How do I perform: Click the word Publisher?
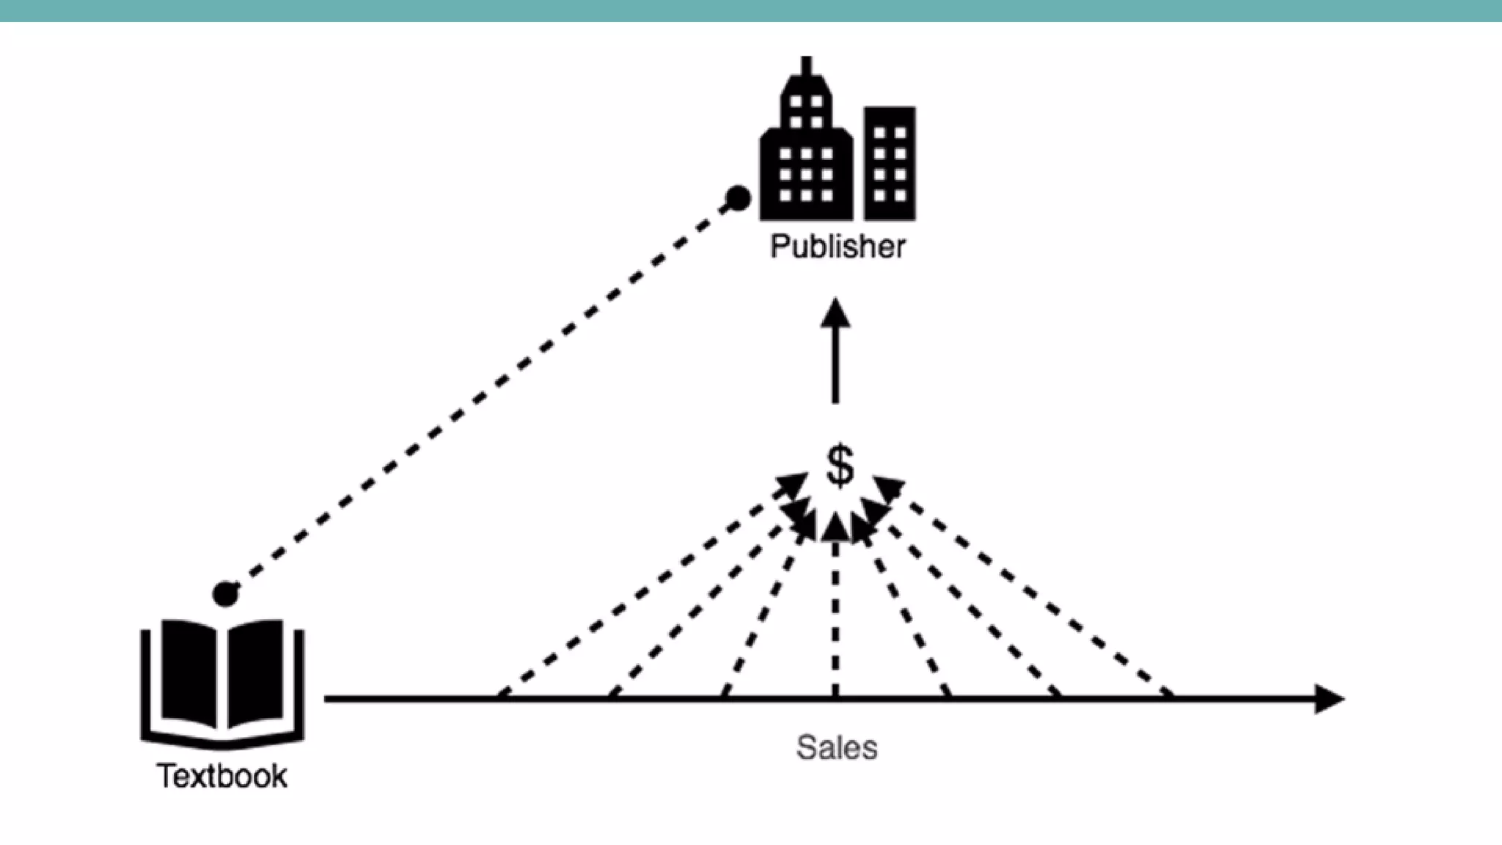click(x=838, y=246)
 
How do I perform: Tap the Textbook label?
click(x=221, y=776)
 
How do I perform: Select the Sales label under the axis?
click(x=837, y=748)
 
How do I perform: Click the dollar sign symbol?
click(x=840, y=465)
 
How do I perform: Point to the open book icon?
click(x=222, y=682)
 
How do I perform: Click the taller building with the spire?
click(x=806, y=154)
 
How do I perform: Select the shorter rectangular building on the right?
click(x=890, y=164)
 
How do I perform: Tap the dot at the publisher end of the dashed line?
click(x=738, y=198)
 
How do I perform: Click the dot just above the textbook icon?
click(x=225, y=593)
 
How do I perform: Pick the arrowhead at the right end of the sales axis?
click(x=1329, y=699)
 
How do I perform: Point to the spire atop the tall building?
click(x=807, y=66)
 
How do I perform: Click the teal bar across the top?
click(x=751, y=10)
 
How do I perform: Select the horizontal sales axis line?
click(x=733, y=699)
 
